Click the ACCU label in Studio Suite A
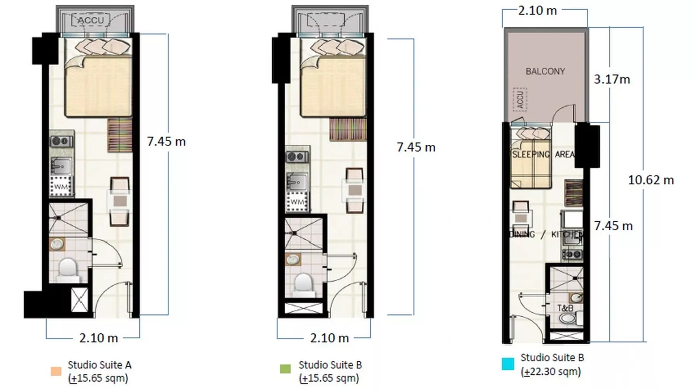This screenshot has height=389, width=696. pyautogui.click(x=91, y=20)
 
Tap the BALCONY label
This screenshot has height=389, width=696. pyautogui.click(x=545, y=71)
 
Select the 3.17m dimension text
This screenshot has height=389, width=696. pyautogui.click(x=612, y=79)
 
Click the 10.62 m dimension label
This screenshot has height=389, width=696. pyautogui.click(x=651, y=180)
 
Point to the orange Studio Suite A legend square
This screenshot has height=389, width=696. pyautogui.click(x=56, y=371)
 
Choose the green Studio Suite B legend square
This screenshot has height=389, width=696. pyautogui.click(x=285, y=369)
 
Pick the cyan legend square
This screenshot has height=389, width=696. pyautogui.click(x=508, y=364)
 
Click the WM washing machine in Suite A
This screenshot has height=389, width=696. pyautogui.click(x=61, y=186)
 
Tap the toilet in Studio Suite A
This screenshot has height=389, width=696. pyautogui.click(x=68, y=270)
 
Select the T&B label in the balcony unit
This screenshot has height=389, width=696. pyautogui.click(x=565, y=308)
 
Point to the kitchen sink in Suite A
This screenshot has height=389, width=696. pyautogui.click(x=61, y=166)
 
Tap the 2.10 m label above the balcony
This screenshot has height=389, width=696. pyautogui.click(x=537, y=11)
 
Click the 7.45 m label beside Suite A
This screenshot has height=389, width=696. pyautogui.click(x=166, y=142)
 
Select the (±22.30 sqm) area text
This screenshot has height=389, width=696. pyautogui.click(x=551, y=372)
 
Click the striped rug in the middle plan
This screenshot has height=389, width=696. pyautogui.click(x=348, y=130)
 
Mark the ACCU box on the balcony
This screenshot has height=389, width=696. pyautogui.click(x=520, y=100)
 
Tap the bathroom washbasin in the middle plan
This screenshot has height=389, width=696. pyautogui.click(x=293, y=259)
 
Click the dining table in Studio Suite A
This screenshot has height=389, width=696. pyautogui.click(x=119, y=201)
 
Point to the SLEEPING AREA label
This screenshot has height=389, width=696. pyautogui.click(x=543, y=154)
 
